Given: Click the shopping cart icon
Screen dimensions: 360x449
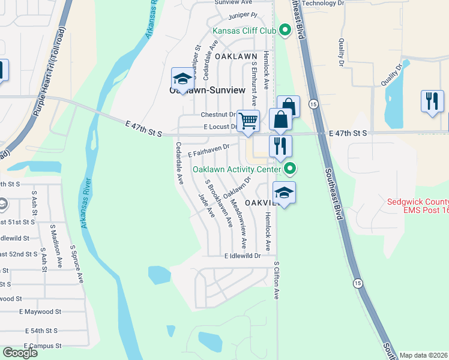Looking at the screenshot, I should [248, 121].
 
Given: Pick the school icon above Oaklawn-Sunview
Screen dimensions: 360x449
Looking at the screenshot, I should [182, 78].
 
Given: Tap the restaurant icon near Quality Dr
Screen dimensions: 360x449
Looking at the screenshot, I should [432, 101].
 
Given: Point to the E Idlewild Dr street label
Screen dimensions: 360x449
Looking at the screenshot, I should [243, 256].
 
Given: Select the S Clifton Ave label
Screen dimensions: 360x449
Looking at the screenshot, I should [277, 280].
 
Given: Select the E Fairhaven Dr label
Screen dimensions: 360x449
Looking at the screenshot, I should [209, 151].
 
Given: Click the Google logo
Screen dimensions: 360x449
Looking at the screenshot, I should [20, 353].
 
